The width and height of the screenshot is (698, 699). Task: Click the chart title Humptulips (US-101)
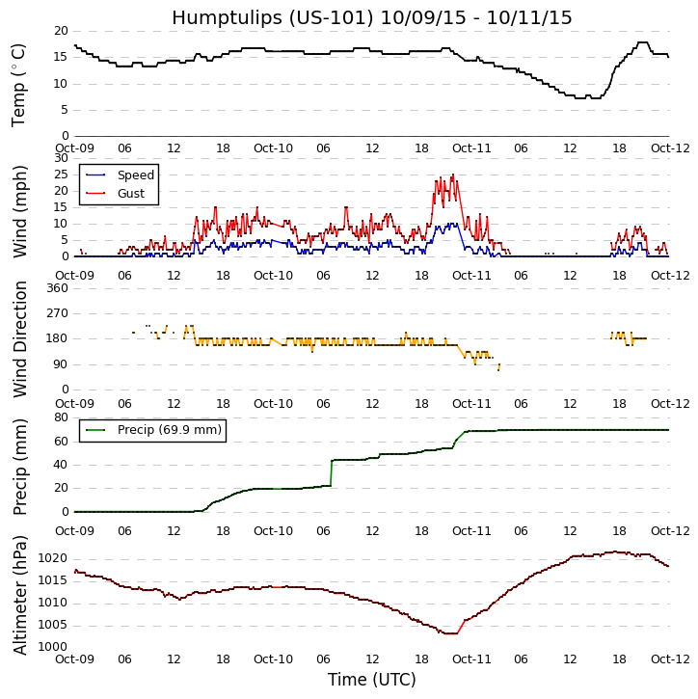371,17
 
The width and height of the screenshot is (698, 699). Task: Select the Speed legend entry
135,175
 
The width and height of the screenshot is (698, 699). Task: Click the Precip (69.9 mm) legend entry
169,430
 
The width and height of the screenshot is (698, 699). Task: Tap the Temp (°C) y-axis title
19,84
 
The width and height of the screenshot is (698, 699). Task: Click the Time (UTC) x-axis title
371,680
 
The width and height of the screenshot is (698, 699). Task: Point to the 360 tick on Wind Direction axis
57,287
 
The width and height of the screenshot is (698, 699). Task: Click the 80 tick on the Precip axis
61,417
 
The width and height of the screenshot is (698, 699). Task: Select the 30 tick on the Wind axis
61,158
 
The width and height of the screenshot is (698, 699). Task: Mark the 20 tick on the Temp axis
61,31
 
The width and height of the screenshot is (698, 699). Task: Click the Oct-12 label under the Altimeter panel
669,659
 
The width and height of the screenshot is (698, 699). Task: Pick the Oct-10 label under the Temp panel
273,148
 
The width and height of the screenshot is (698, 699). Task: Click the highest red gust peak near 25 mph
453,175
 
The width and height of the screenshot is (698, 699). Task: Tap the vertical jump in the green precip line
331,472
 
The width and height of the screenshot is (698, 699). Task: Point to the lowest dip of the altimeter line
449,632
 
